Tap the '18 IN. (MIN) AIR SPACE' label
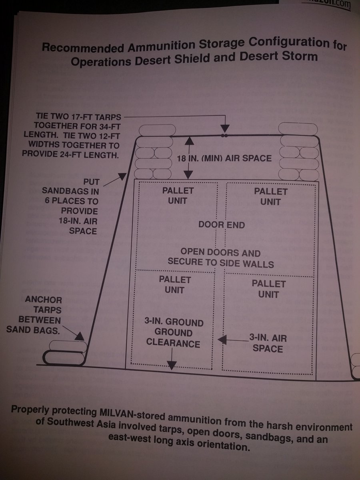coord(224,158)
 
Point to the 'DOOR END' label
coord(222,224)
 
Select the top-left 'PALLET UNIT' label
coord(178,195)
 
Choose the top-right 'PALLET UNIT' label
coord(270,196)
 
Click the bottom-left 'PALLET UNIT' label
coord(174,284)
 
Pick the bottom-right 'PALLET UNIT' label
coord(268,289)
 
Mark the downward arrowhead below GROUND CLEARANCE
coord(172,365)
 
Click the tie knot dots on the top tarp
coord(225,136)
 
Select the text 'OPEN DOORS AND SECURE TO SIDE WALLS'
coord(220,258)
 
